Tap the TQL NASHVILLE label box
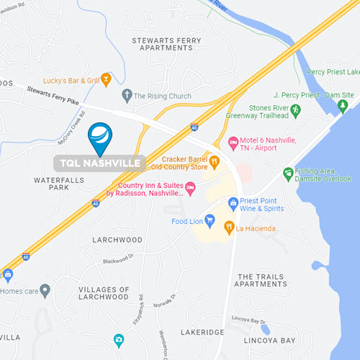point(100,163)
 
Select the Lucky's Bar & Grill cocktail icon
point(107,79)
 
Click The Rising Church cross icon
point(127,94)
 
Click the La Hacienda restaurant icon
point(229,228)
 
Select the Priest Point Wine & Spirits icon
point(233,204)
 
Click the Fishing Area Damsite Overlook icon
point(288,174)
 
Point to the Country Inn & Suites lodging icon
point(190,187)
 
